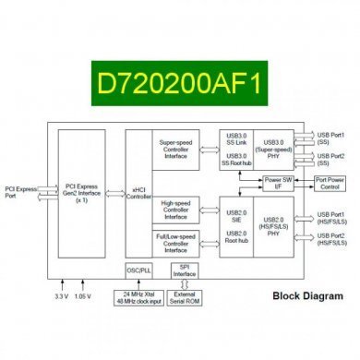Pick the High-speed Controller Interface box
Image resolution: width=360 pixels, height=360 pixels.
pos(181,209)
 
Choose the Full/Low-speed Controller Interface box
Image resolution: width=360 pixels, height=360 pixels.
pos(181,242)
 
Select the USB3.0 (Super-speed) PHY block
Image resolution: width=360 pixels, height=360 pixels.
pos(274,147)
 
